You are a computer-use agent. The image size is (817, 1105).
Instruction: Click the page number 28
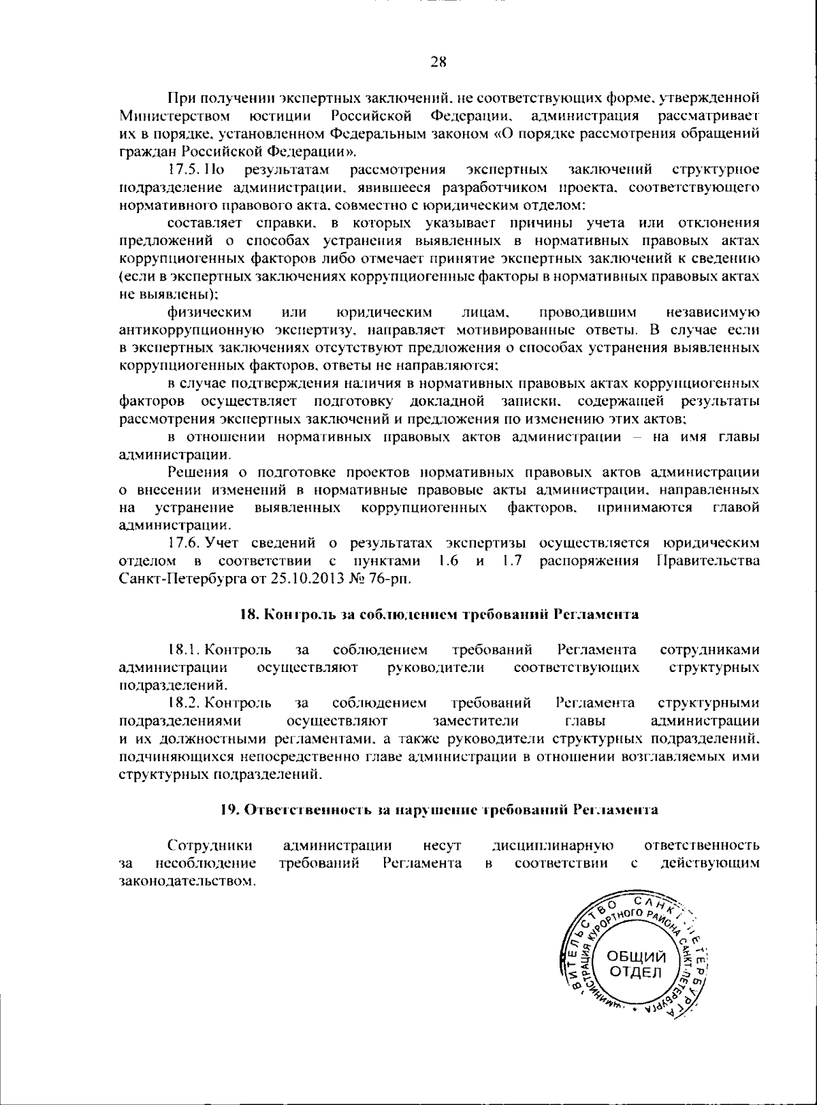(438, 62)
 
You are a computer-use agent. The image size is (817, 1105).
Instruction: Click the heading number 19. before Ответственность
(229, 810)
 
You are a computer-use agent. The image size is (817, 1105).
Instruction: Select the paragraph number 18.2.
(184, 702)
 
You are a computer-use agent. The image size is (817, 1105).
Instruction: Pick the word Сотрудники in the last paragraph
(210, 845)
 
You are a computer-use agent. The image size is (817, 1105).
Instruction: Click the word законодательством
(187, 881)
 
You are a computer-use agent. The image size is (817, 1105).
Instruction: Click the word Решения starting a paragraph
(196, 471)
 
